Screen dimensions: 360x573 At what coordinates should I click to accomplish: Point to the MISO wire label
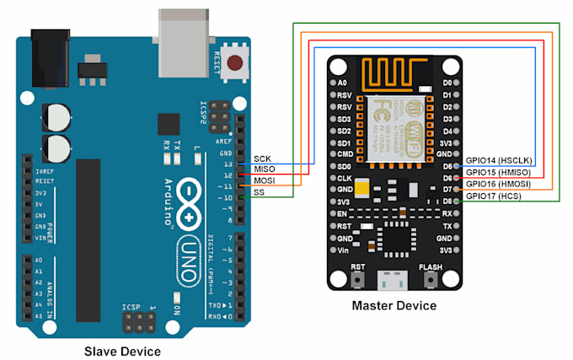tap(265, 169)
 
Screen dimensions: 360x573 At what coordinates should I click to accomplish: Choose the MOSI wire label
tap(265, 180)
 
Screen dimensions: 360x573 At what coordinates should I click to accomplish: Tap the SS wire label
tap(260, 192)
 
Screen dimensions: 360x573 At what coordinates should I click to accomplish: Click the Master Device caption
tap(394, 305)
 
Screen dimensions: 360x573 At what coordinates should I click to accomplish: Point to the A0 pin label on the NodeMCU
tap(342, 83)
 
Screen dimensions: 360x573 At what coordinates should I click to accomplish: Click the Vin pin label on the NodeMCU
tap(342, 250)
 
